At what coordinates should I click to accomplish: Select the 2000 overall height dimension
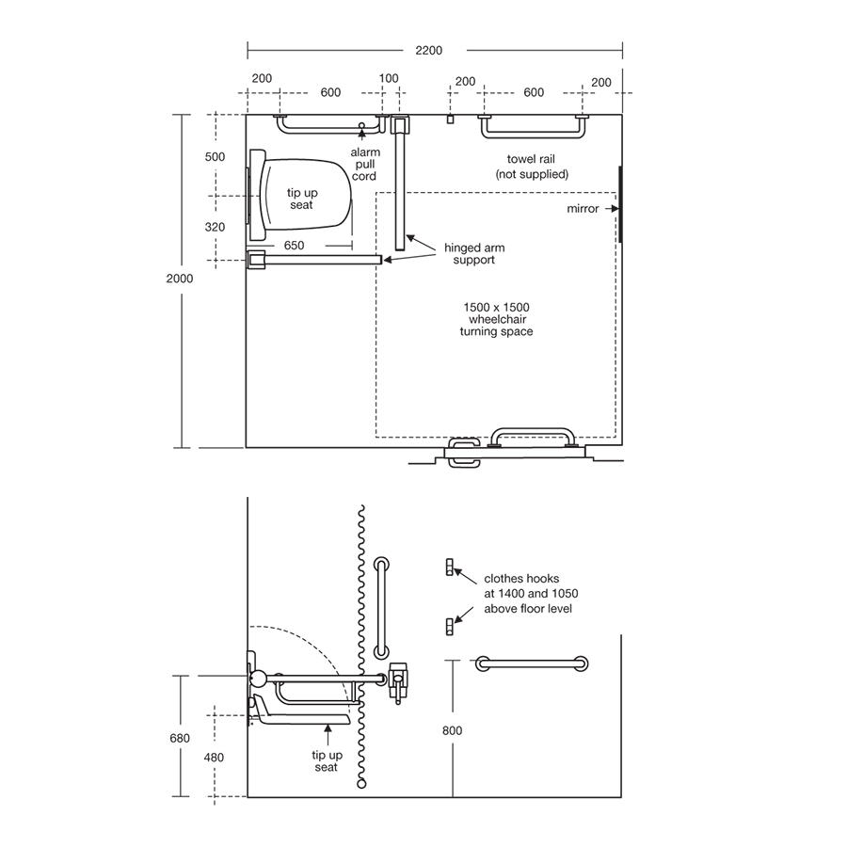[x=179, y=279]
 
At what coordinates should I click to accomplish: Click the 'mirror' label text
[x=583, y=208]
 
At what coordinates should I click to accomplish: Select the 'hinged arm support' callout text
[x=475, y=253]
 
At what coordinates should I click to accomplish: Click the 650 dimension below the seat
[x=293, y=245]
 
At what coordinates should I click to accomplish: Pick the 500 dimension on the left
[x=215, y=157]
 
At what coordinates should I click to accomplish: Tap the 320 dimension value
[x=215, y=227]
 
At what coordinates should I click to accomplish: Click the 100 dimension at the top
[x=389, y=79]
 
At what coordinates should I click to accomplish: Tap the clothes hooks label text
[x=530, y=594]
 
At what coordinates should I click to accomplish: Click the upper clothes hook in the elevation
[x=450, y=567]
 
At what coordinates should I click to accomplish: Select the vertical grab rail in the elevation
[x=381, y=606]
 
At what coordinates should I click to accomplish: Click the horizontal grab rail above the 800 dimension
[x=533, y=663]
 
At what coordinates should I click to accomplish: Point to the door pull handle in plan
[x=532, y=435]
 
